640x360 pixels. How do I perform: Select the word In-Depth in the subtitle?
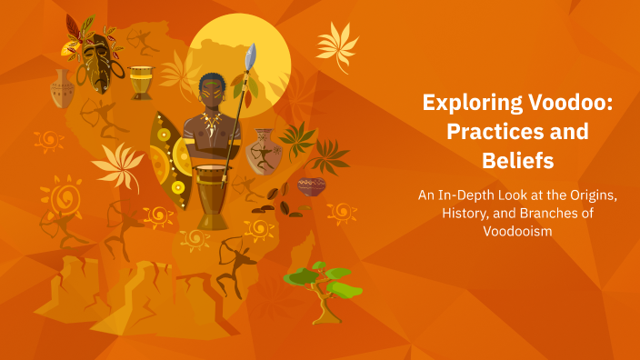click(469, 196)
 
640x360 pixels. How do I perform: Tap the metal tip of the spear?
click(252, 55)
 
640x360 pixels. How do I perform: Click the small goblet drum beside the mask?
click(141, 81)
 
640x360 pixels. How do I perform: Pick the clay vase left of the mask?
click(62, 89)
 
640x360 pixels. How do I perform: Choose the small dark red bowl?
click(311, 186)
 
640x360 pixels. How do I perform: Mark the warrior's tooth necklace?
click(212, 122)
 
